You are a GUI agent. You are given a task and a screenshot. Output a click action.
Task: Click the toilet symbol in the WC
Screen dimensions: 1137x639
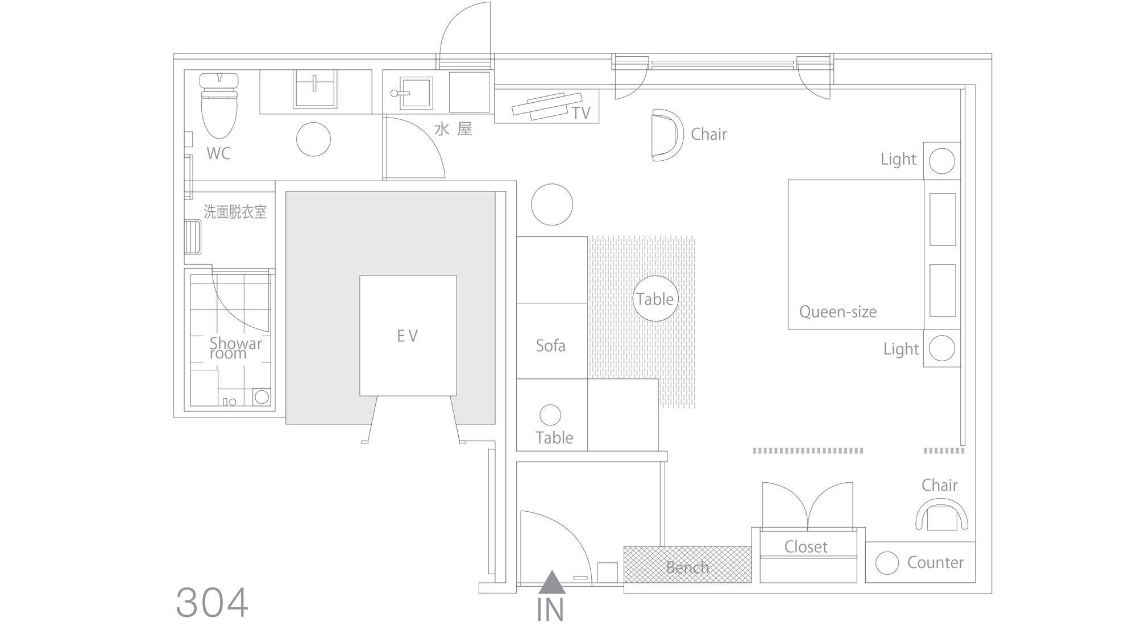[219, 105]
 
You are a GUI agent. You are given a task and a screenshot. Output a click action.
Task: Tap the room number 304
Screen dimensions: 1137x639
[212, 603]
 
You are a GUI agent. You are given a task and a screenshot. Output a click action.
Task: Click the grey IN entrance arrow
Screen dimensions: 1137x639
[551, 582]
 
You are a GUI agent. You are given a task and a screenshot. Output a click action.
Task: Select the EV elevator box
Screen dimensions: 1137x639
[408, 336]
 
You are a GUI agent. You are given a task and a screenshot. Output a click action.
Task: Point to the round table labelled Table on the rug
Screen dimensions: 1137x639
[655, 299]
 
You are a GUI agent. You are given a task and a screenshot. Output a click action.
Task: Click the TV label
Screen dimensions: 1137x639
[581, 113]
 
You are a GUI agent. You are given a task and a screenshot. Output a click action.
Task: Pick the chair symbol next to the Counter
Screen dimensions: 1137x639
[941, 515]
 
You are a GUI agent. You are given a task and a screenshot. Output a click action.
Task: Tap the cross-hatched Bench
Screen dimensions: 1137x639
[687, 565]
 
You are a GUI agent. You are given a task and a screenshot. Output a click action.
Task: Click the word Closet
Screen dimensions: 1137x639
[806, 546]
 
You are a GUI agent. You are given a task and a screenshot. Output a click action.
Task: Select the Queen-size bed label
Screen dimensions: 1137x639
[837, 312]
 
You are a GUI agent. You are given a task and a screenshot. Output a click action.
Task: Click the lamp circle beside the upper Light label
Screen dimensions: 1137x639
[942, 161]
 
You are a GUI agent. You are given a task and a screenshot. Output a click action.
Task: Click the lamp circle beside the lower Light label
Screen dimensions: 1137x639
[942, 348]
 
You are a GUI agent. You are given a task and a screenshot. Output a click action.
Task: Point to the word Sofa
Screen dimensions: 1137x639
[550, 345]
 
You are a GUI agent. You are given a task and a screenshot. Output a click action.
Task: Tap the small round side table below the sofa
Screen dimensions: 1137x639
[550, 415]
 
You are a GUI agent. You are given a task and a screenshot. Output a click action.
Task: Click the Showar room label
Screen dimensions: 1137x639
[235, 348]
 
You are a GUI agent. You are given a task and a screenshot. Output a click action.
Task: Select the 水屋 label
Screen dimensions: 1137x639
[453, 129]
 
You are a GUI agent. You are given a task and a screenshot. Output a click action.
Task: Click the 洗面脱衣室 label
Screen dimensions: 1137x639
[235, 212]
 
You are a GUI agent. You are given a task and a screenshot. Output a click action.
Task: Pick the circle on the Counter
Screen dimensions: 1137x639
[887, 563]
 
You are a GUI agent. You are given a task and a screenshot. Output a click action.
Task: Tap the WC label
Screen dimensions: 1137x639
[218, 153]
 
